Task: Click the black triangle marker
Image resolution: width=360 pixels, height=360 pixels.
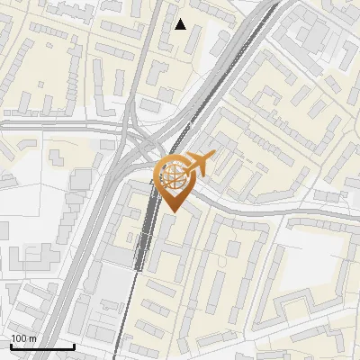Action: pos(181,24)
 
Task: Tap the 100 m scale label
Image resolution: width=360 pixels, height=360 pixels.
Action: pos(23,337)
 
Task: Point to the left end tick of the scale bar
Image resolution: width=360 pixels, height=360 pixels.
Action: pos(11,345)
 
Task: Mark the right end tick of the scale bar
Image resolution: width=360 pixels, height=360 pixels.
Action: pos(74,345)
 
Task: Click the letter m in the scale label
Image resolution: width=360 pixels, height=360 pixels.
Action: pos(32,337)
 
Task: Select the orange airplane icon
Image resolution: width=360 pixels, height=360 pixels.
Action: pos(199,165)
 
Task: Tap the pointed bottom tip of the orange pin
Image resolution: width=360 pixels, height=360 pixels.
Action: pos(172,212)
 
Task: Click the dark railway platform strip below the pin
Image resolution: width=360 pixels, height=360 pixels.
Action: pos(140,243)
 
